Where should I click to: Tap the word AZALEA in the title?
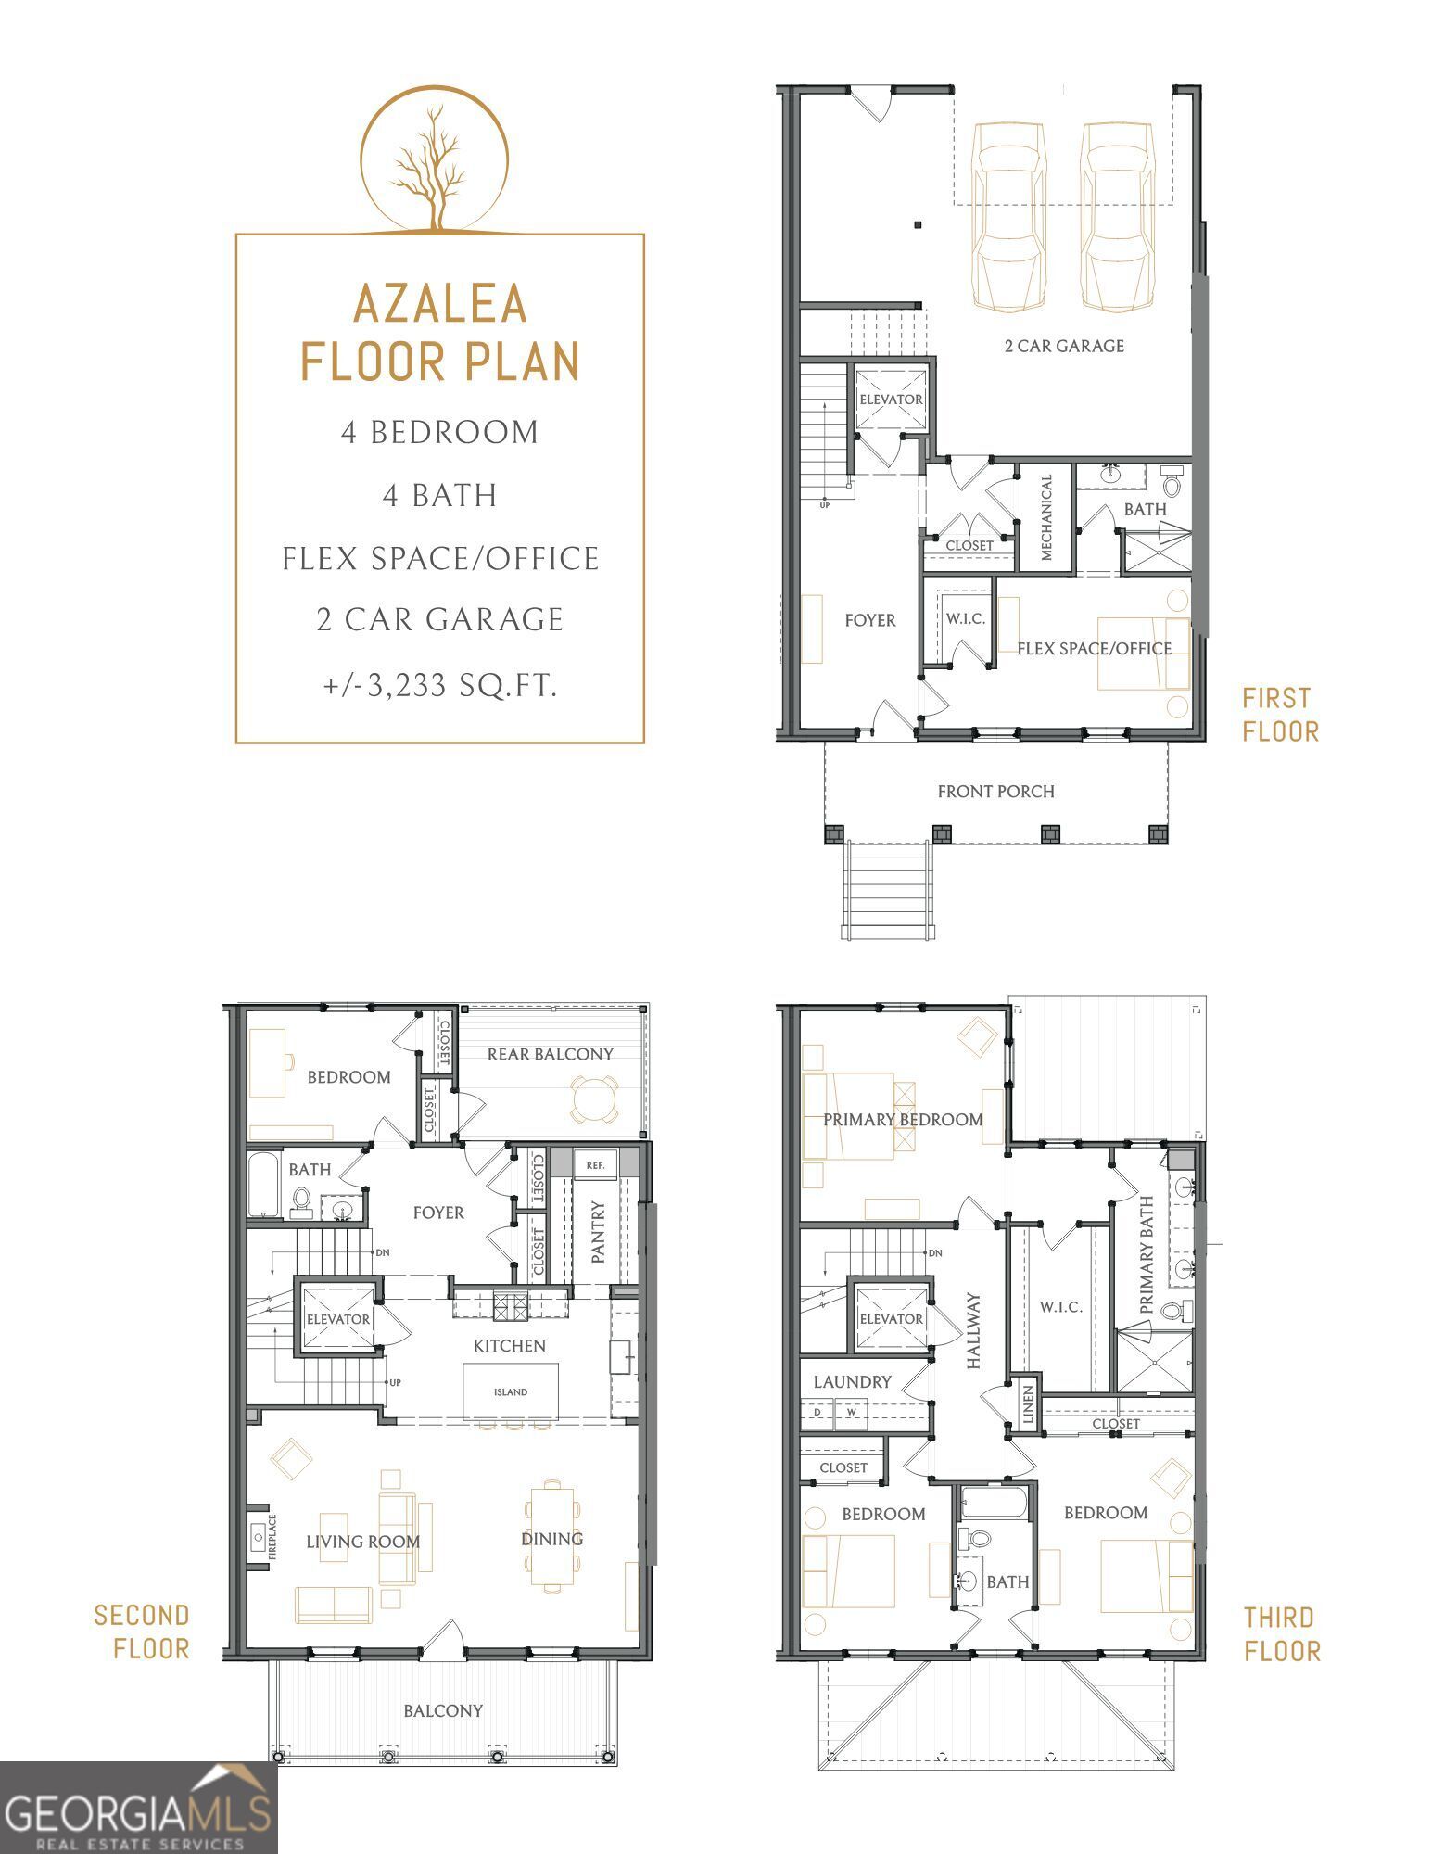click(440, 303)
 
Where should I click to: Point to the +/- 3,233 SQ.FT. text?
click(440, 686)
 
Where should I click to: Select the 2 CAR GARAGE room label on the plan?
click(1064, 346)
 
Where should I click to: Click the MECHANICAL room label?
click(1046, 518)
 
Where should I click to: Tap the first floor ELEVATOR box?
click(891, 400)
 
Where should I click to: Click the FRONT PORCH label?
click(995, 792)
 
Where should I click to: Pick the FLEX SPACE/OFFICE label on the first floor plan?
click(1095, 649)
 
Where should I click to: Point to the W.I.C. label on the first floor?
click(965, 618)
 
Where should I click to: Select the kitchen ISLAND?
click(511, 1391)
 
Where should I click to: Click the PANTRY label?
click(598, 1232)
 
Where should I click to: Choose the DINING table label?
click(551, 1539)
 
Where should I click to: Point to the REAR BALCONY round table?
click(593, 1099)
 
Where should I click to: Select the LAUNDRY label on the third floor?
click(852, 1382)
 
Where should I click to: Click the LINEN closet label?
click(1027, 1405)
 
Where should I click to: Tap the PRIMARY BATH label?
click(1147, 1254)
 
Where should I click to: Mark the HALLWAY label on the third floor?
click(973, 1331)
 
